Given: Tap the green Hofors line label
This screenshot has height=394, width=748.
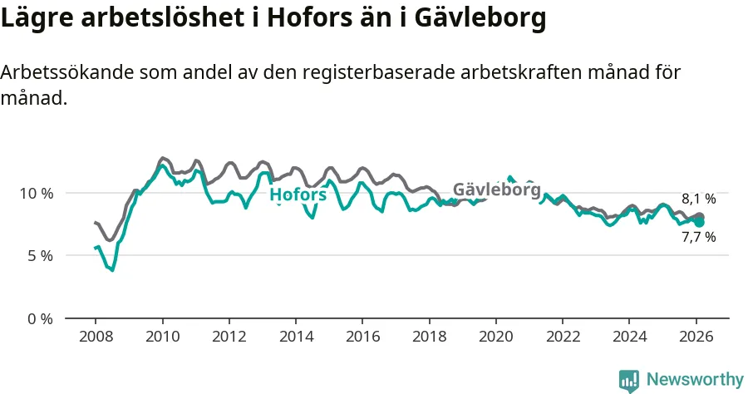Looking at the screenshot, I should click(x=298, y=195).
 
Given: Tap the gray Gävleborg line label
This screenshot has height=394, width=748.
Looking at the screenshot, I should click(x=496, y=190).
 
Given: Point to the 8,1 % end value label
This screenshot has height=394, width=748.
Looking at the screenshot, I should click(x=698, y=199).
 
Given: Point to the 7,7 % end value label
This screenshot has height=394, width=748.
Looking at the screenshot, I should click(x=698, y=237).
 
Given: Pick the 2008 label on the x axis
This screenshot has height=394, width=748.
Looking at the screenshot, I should click(x=96, y=337).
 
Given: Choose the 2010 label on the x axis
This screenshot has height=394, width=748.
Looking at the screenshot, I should click(x=162, y=337).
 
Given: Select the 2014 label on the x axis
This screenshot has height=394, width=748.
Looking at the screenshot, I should click(x=296, y=337).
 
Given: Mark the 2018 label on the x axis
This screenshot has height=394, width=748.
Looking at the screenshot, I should click(x=429, y=337).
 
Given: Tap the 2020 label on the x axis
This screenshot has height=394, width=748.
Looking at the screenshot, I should click(x=495, y=337).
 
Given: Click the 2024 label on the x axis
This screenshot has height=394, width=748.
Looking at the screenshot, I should click(x=629, y=337).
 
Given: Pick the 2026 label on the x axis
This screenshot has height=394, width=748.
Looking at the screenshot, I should click(x=696, y=337).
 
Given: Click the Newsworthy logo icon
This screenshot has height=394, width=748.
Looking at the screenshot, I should click(x=629, y=380).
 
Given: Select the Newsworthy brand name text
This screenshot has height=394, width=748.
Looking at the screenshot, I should click(x=695, y=380).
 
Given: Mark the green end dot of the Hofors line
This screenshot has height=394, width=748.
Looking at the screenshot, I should click(x=700, y=222).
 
